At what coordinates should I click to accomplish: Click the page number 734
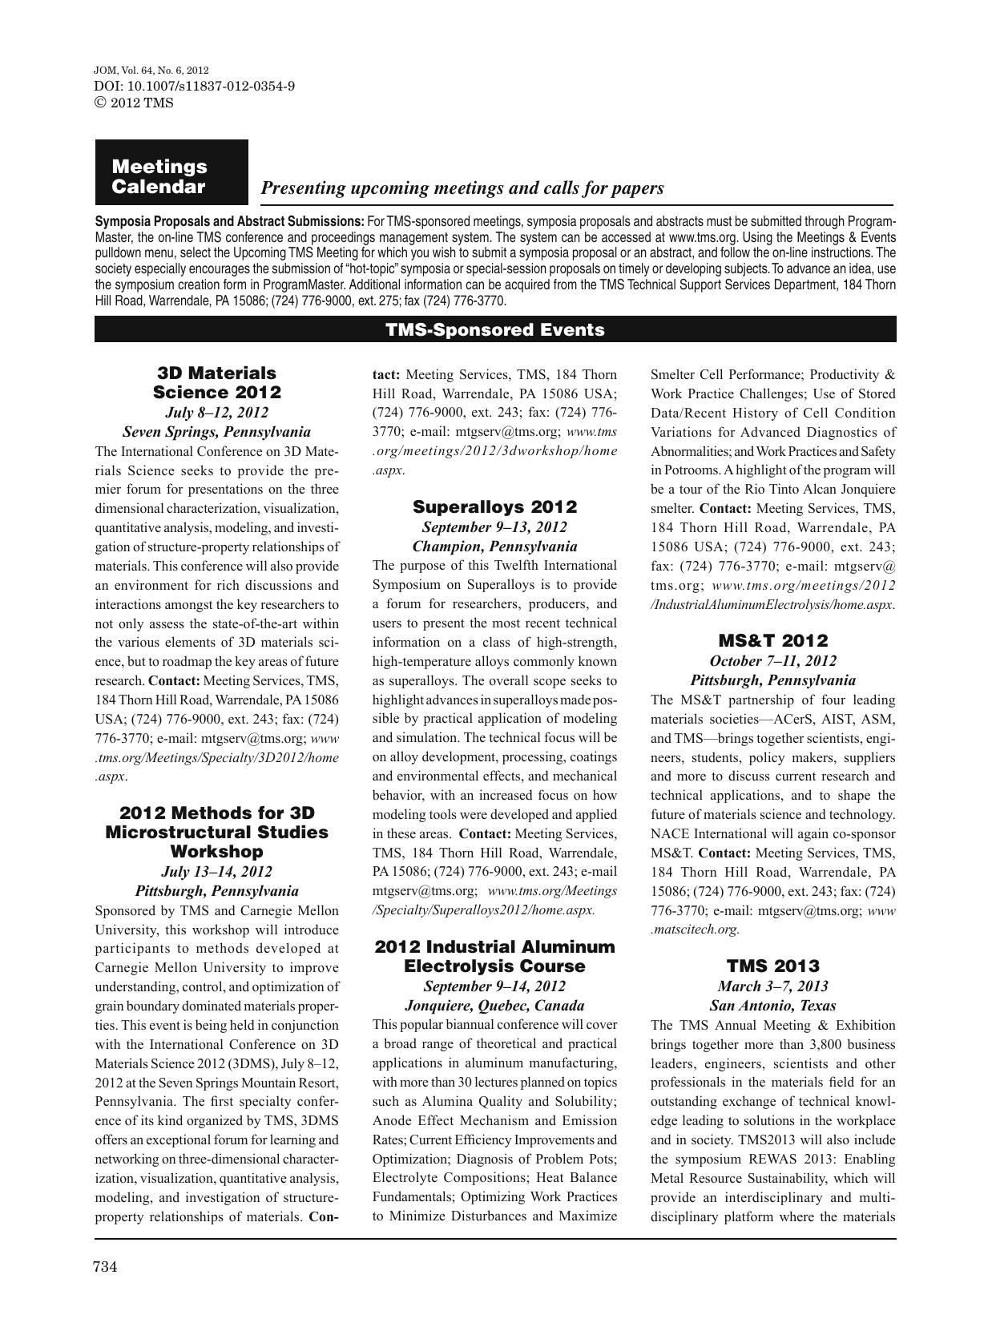click(x=107, y=1267)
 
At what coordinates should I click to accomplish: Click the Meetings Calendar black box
click(x=171, y=172)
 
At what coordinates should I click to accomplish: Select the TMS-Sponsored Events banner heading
click(x=495, y=330)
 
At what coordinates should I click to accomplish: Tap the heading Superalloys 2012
click(x=494, y=507)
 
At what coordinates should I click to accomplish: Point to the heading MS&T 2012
click(x=772, y=641)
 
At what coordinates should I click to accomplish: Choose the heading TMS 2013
click(x=772, y=966)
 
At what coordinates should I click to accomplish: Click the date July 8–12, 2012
click(x=216, y=413)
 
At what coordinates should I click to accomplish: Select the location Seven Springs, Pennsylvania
click(x=216, y=432)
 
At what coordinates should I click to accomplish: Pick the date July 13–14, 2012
click(x=216, y=872)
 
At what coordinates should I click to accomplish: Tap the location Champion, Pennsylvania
click(x=494, y=547)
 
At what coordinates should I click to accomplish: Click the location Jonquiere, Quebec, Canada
click(x=494, y=1006)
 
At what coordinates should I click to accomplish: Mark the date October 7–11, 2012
click(x=772, y=661)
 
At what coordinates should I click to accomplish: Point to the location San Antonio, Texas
click(x=772, y=1006)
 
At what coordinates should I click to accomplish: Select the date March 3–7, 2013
click(x=772, y=986)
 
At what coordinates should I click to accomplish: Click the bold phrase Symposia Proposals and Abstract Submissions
click(x=229, y=221)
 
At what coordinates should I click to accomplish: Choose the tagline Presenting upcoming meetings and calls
click(x=462, y=188)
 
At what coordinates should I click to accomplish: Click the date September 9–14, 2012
click(x=494, y=986)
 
